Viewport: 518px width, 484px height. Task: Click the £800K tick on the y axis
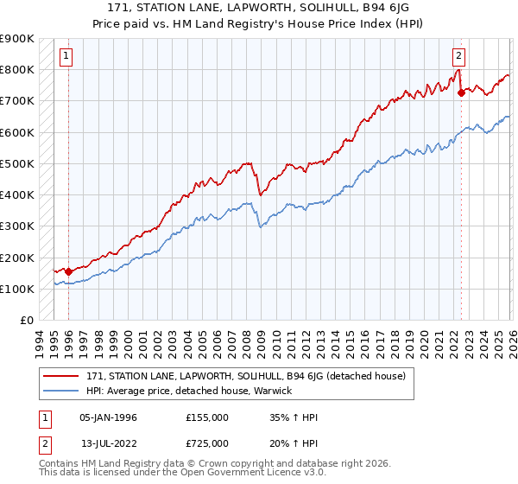click(16, 69)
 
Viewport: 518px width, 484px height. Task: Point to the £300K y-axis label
click(16, 226)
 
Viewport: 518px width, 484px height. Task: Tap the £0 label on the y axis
click(25, 321)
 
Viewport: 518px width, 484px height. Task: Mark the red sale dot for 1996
click(68, 271)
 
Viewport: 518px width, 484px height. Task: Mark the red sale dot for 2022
click(460, 92)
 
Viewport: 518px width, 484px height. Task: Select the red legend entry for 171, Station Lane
click(251, 376)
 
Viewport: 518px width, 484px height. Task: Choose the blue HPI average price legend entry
click(189, 391)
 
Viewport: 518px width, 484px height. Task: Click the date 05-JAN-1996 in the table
click(108, 417)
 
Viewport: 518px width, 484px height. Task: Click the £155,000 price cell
click(206, 417)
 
